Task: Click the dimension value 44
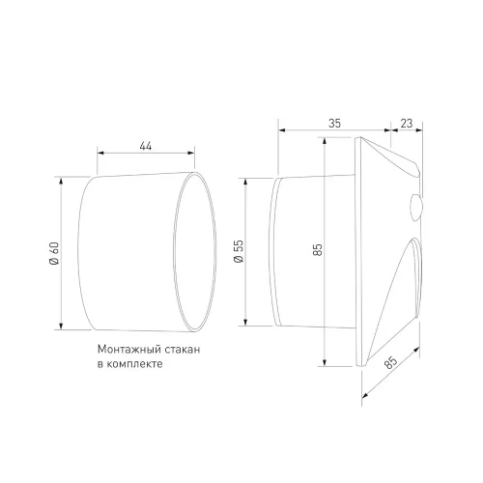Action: point(146,146)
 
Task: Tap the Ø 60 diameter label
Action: point(54,253)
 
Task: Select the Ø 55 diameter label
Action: point(239,251)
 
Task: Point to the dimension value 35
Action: point(334,124)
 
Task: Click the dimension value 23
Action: point(407,124)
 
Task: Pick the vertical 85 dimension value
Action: point(318,250)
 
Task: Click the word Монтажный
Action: point(128,350)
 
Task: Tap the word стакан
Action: point(182,350)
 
